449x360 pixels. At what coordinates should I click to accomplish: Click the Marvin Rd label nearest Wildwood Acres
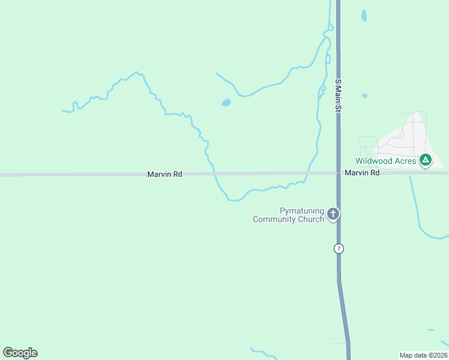click(362, 173)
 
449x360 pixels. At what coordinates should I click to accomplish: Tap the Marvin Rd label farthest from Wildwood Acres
click(164, 174)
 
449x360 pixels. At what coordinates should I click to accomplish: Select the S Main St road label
click(338, 95)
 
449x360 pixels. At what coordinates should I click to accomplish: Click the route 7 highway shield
click(339, 248)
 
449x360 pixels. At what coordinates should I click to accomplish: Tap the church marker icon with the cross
click(333, 213)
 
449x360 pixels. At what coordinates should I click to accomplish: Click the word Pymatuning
click(302, 211)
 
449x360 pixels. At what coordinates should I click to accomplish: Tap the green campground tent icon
click(426, 160)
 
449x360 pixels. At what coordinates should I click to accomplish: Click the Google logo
click(20, 353)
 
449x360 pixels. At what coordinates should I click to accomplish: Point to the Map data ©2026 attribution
click(423, 355)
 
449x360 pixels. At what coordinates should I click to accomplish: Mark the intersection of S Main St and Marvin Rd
click(338, 173)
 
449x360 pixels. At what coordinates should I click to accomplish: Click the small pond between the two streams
click(226, 103)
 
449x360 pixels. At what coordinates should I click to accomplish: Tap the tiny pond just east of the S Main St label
click(364, 95)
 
